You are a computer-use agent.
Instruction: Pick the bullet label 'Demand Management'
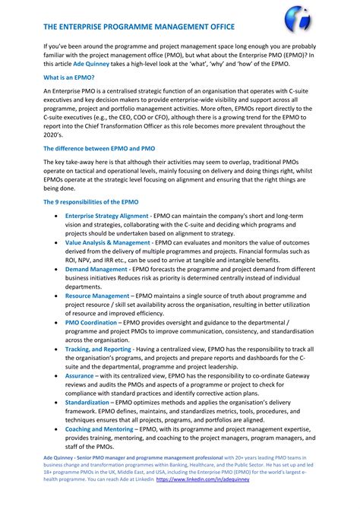pyautogui.click(x=96, y=269)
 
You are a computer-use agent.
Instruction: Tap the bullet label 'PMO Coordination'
pyautogui.click(x=93, y=321)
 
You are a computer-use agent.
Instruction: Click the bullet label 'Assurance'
pyautogui.click(x=80, y=375)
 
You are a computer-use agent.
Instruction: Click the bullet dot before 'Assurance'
pyautogui.click(x=56, y=375)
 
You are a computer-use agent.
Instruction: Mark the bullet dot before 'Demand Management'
pyautogui.click(x=56, y=270)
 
